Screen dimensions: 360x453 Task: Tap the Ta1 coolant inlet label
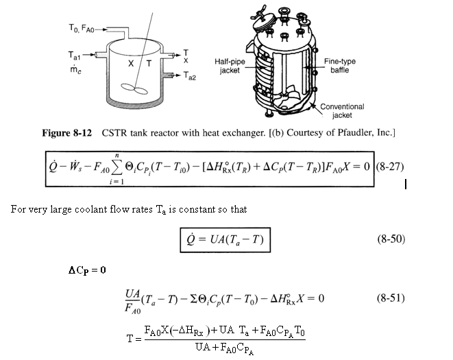tap(76, 52)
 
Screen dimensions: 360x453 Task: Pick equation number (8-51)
tap(392, 298)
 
